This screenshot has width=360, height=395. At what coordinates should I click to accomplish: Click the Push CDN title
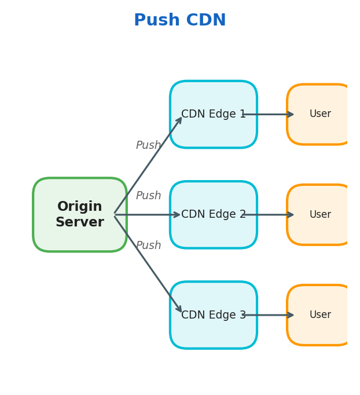coord(179,21)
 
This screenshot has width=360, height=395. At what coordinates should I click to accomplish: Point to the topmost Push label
coord(148,145)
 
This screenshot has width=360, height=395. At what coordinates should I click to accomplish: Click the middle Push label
coord(148,196)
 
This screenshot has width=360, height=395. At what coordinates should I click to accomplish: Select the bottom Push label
coord(148,246)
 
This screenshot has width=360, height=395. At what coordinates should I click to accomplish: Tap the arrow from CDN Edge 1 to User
coord(272,114)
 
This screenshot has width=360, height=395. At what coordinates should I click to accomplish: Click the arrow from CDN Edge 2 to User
coord(272,215)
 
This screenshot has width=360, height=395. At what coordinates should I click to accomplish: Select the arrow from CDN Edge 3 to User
coord(272,315)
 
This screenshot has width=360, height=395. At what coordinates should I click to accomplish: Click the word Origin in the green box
coord(79,207)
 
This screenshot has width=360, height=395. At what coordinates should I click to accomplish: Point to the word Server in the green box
coord(79,222)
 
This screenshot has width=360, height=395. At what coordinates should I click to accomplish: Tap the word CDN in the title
coord(203,21)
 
